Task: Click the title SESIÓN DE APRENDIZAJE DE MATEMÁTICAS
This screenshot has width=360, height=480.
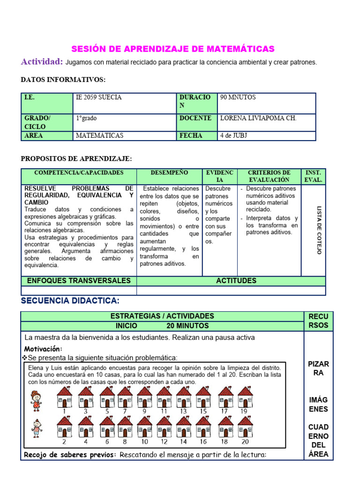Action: click(x=172, y=49)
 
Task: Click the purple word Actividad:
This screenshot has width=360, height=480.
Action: click(x=42, y=62)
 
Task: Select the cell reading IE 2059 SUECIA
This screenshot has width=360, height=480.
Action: click(x=98, y=97)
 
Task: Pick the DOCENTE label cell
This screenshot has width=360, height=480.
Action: click(x=195, y=118)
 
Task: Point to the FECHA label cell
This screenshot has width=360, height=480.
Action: click(x=191, y=135)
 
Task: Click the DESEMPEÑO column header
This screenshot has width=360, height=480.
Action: click(x=169, y=172)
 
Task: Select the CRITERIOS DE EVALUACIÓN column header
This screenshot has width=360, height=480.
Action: click(x=269, y=176)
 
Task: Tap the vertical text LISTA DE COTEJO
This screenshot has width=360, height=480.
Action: click(x=319, y=230)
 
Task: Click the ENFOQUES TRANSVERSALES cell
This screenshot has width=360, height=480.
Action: click(x=79, y=281)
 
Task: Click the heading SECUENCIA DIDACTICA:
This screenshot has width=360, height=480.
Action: click(x=70, y=300)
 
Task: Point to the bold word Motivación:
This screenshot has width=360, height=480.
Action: click(x=43, y=349)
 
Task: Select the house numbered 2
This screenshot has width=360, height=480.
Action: click(x=65, y=427)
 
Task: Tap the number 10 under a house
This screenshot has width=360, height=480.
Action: click(x=145, y=442)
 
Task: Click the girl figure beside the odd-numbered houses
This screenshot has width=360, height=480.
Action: click(x=36, y=401)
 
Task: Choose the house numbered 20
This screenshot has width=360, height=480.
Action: click(x=245, y=427)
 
